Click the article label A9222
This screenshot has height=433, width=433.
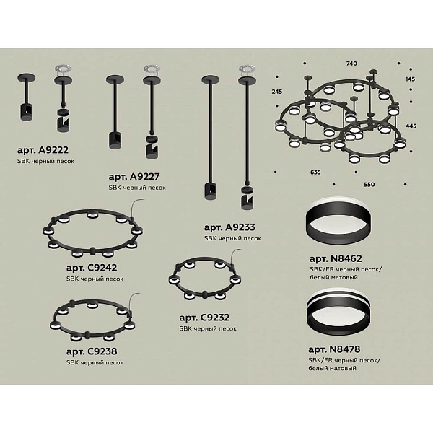click(x=43, y=150)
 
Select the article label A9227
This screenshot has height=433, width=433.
click(x=134, y=177)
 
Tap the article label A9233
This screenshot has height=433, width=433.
click(x=229, y=227)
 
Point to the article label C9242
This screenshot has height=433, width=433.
click(x=92, y=268)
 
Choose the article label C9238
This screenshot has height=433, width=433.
click(x=92, y=351)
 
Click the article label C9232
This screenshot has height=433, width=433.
click(x=204, y=318)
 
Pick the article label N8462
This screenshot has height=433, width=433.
click(x=336, y=258)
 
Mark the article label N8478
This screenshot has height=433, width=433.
click(x=334, y=349)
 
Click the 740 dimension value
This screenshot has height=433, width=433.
click(x=351, y=64)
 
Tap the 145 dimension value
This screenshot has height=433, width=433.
click(x=411, y=79)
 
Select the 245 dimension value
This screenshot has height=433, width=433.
click(x=277, y=92)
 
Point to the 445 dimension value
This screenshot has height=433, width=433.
click(x=411, y=126)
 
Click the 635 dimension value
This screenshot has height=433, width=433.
click(x=315, y=172)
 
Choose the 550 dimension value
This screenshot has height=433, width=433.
click(x=369, y=185)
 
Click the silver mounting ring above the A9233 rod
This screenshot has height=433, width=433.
click(x=247, y=69)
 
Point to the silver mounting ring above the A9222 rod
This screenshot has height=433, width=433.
click(x=63, y=69)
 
